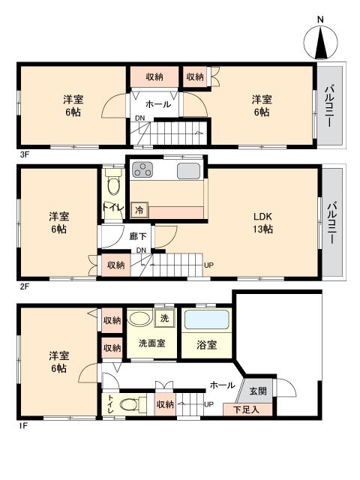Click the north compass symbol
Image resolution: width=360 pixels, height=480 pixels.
point(320,40)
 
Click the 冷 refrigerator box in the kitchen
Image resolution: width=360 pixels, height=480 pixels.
point(139,211)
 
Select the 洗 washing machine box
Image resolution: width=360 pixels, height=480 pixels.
point(165,318)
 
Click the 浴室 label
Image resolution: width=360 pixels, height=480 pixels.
point(207,345)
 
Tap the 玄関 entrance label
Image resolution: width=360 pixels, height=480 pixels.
point(257,391)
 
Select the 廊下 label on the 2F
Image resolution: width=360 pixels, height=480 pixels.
point(137,236)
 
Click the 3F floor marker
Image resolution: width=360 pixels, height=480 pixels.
point(24,155)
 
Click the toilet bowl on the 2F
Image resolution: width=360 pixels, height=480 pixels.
point(113,183)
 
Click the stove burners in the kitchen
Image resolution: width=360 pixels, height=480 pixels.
point(143,171)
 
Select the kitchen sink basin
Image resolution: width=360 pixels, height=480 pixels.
point(188,171)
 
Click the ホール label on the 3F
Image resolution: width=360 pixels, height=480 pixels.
point(157,104)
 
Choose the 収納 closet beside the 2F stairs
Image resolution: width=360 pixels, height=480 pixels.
point(115,265)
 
